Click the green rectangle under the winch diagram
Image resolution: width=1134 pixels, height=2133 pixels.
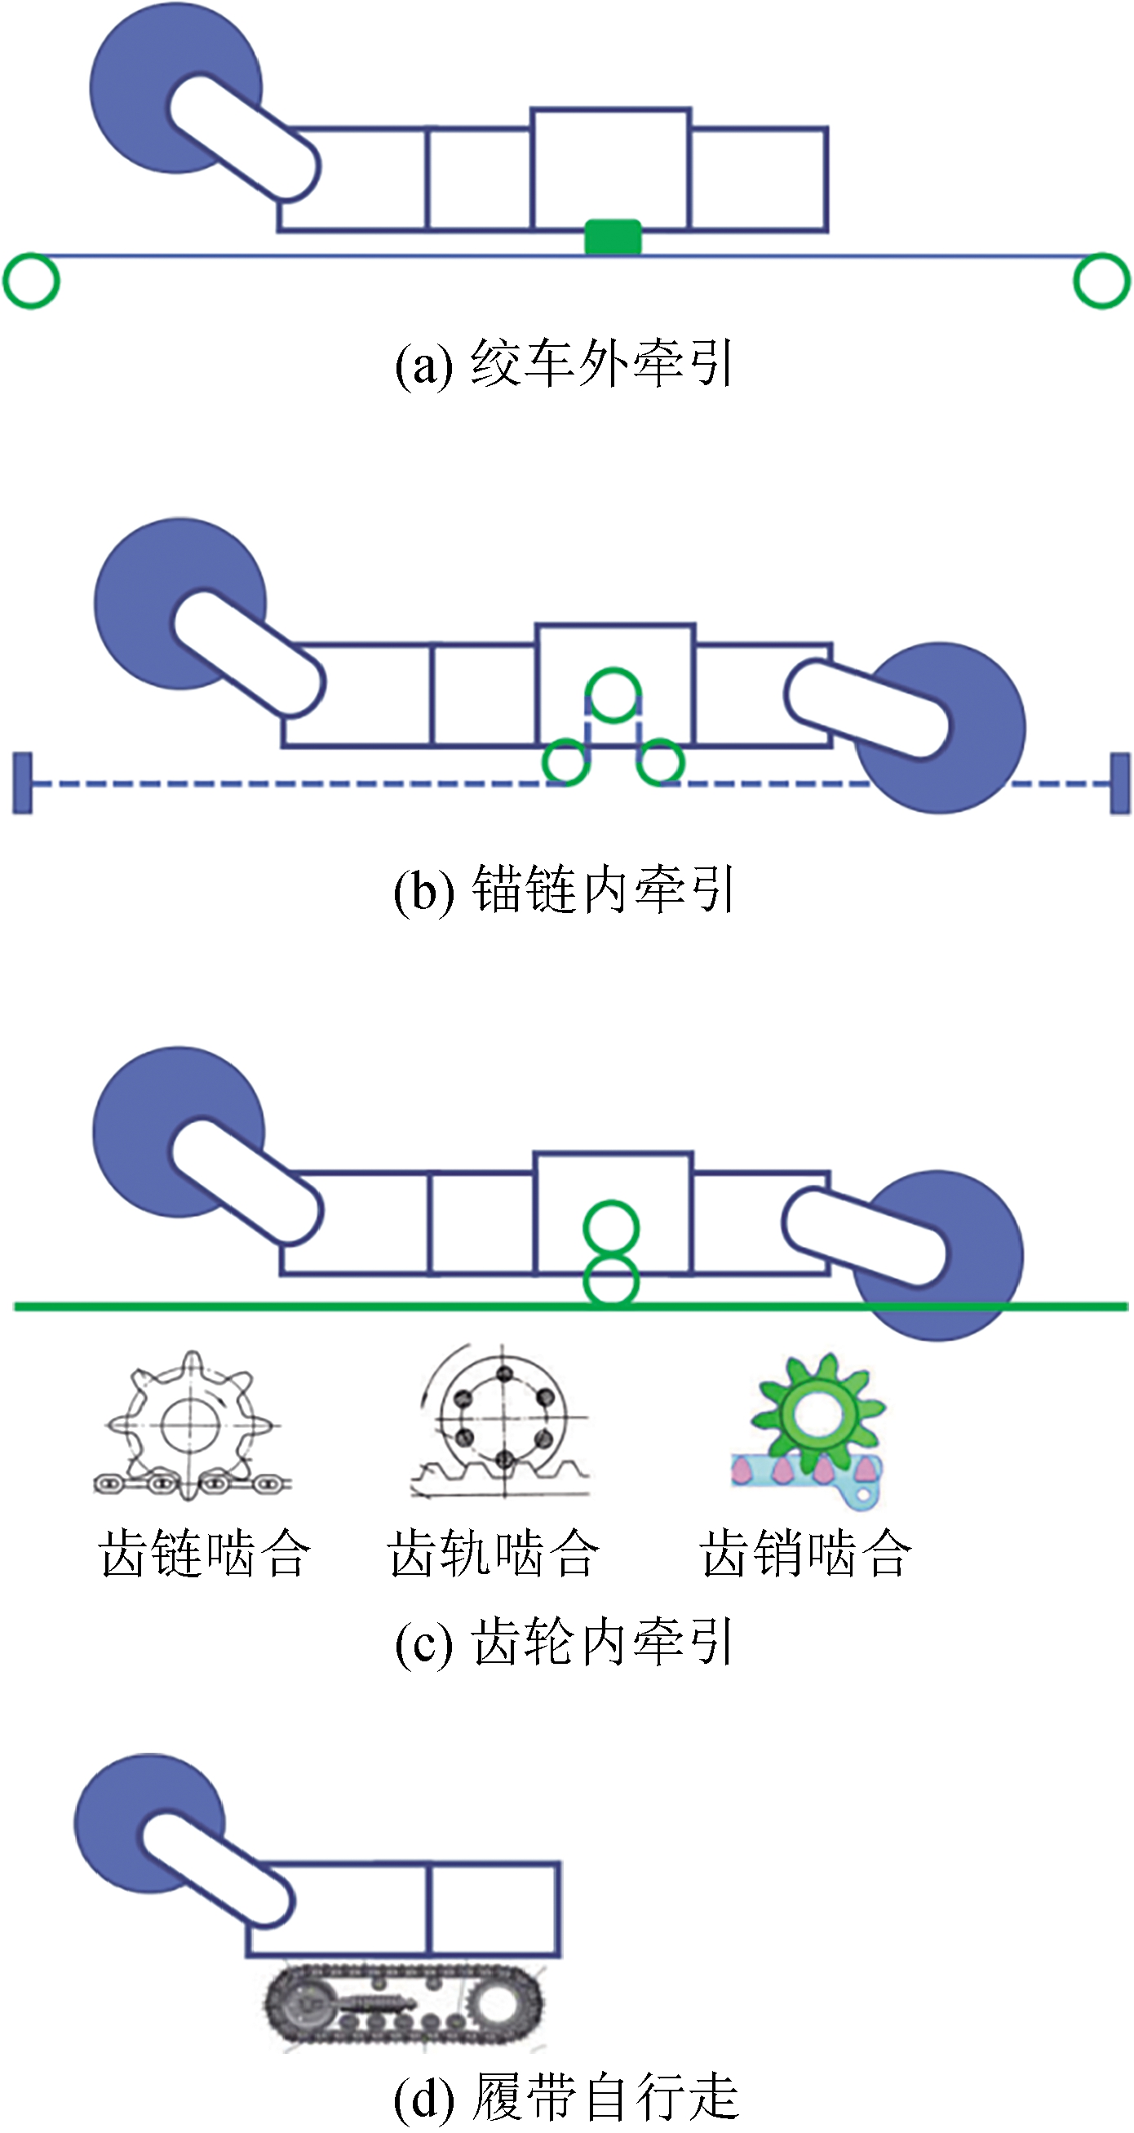point(613,236)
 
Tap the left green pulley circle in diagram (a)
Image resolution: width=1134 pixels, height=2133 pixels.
point(32,281)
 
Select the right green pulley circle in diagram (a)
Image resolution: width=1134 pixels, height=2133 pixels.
point(1101,281)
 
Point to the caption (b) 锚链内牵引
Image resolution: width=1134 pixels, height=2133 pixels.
point(564,890)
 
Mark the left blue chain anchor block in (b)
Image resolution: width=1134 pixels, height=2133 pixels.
point(22,783)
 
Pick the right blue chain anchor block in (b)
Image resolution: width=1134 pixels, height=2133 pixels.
point(1119,783)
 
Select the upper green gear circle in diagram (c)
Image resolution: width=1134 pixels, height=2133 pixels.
point(611,1227)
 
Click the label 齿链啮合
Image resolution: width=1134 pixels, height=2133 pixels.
point(205,1553)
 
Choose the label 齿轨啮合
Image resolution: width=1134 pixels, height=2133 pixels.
point(494,1553)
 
